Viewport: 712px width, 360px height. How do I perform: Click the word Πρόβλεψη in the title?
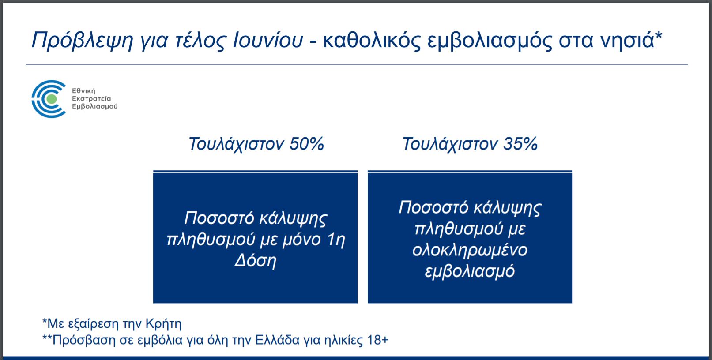click(82, 41)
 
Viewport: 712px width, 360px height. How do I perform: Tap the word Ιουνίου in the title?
click(268, 40)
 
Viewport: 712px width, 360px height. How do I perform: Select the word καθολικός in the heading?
click(372, 40)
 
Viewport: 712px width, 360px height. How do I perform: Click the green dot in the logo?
click(52, 99)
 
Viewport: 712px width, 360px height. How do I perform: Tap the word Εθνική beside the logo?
click(83, 91)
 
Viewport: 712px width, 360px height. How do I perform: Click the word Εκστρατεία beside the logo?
click(91, 98)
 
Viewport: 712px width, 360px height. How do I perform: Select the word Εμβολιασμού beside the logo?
click(95, 106)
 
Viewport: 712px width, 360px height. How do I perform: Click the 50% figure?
click(307, 144)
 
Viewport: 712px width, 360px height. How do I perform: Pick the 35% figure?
click(520, 144)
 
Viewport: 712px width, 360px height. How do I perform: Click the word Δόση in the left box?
click(256, 261)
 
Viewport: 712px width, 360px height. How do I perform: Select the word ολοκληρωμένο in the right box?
click(470, 250)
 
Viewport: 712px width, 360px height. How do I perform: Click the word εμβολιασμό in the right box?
click(470, 271)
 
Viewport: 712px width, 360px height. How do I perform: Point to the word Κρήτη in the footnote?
click(163, 324)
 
